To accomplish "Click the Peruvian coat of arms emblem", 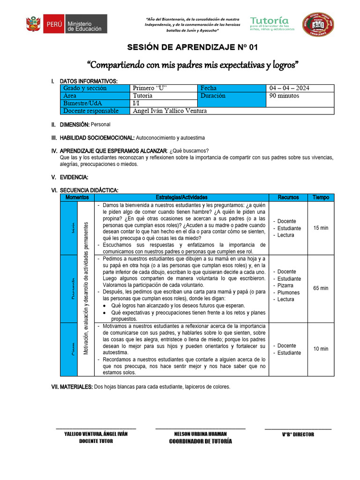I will point(34,24).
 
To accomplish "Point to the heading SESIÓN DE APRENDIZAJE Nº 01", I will point(192,47).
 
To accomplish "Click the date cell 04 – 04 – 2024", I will point(289,88).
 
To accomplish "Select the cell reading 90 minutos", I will point(285,96).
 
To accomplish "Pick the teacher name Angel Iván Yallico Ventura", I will point(170,111).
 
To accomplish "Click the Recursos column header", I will point(288,197).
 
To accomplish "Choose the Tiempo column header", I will point(321,197).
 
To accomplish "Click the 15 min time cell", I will point(321,228).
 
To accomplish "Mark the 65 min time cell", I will point(321,288).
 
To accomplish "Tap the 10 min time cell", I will point(321,349).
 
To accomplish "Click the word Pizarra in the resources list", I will point(285,285).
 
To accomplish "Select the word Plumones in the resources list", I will point(287,292).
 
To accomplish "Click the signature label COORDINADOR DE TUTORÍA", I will point(200,442).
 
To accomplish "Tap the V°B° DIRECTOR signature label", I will point(298,435).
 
